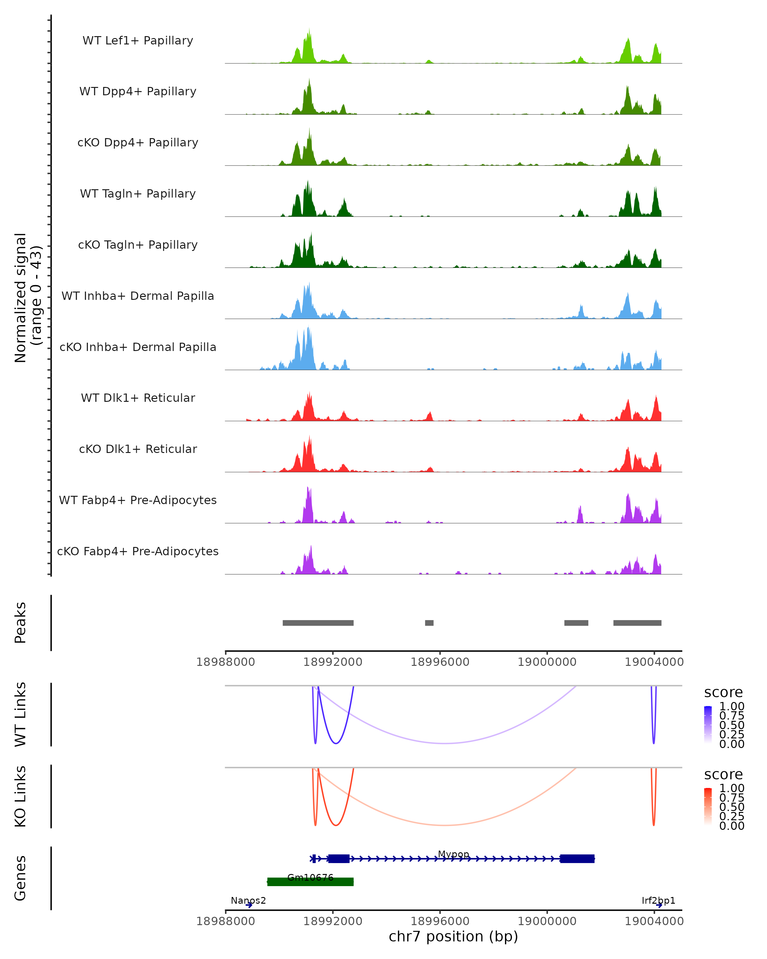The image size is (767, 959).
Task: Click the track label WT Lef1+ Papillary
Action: pyautogui.click(x=138, y=41)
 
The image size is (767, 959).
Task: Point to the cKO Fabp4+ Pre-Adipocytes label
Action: pyautogui.click(x=138, y=551)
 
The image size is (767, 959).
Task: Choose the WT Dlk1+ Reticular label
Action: pyautogui.click(x=138, y=398)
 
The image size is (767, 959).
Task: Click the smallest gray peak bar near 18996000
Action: pyautogui.click(x=429, y=623)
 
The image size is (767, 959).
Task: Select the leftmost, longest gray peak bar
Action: pyautogui.click(x=318, y=623)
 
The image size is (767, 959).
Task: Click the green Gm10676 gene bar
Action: pyautogui.click(x=310, y=882)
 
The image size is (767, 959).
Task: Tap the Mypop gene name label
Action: pyautogui.click(x=453, y=854)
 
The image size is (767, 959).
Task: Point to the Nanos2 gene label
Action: pyautogui.click(x=248, y=901)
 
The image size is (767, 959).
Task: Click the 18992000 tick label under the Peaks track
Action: pyautogui.click(x=333, y=662)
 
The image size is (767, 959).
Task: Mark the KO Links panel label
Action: pyautogui.click(x=20, y=796)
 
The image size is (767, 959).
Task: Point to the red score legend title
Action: pyautogui.click(x=724, y=775)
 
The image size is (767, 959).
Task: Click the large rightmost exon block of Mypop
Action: pyautogui.click(x=577, y=859)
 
